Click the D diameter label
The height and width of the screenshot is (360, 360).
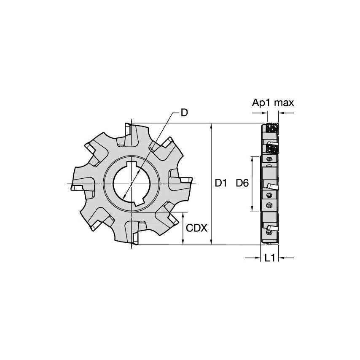[184, 113]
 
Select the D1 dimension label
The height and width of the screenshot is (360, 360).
[221, 183]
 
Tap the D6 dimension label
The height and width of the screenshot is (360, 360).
[242, 183]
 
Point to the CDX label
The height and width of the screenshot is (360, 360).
[196, 228]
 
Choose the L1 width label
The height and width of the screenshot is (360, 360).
[270, 258]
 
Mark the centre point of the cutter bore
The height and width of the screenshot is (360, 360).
[132, 184]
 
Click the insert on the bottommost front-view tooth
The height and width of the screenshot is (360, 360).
[136, 238]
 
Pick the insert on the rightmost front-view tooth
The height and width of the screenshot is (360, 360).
[186, 181]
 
